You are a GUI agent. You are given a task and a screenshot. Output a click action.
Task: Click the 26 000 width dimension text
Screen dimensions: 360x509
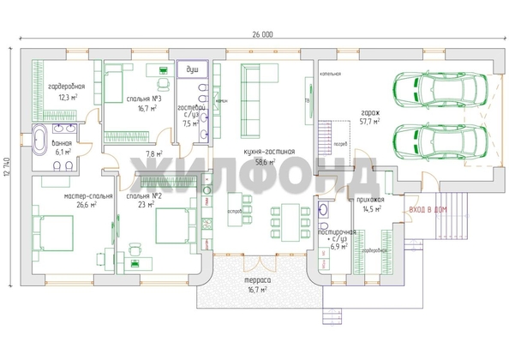262,34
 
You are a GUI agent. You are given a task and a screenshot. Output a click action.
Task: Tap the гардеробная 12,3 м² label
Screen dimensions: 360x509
65,92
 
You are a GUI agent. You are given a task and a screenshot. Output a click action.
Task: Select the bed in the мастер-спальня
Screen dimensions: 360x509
53,231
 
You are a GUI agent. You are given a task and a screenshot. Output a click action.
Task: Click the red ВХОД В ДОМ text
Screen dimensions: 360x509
428,209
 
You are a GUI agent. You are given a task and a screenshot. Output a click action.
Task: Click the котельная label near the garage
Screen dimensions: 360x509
331,74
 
